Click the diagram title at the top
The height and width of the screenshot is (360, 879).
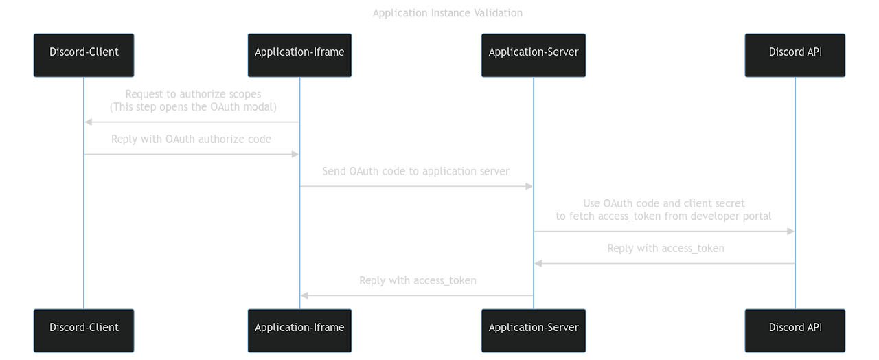447,13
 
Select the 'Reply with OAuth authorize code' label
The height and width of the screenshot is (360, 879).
192,139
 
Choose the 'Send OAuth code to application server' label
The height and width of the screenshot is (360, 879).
416,172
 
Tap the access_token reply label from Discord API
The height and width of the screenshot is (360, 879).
665,249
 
